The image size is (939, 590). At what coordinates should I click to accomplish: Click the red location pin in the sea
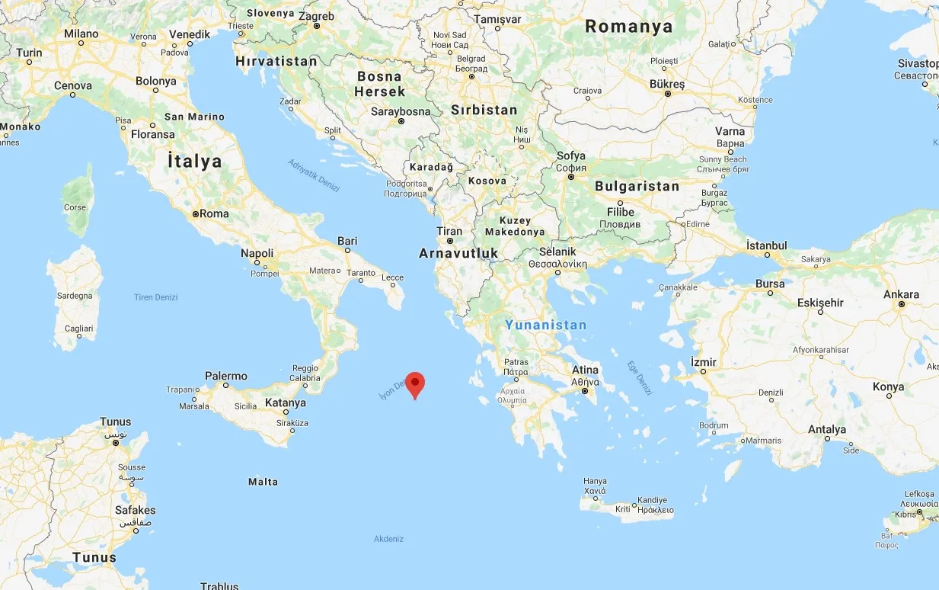tap(414, 383)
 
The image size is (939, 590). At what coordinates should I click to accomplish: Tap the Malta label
tap(263, 482)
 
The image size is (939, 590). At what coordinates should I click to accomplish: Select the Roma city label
tap(214, 213)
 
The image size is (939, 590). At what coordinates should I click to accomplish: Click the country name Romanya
tap(629, 27)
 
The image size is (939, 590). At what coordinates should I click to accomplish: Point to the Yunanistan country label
tap(546, 325)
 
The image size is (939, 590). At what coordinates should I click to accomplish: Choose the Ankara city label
tap(901, 294)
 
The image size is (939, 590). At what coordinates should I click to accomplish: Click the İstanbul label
tap(766, 245)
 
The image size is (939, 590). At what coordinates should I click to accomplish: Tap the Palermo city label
tap(226, 376)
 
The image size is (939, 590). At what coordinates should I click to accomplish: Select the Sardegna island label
tap(75, 296)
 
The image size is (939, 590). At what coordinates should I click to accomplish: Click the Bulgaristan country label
tap(637, 186)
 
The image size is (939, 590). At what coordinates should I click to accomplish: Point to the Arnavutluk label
tap(458, 253)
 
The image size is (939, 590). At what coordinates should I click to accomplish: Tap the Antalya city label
tap(827, 429)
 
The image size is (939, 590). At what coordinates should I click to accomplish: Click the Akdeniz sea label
tap(388, 539)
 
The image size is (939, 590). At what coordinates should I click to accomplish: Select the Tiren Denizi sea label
tap(155, 297)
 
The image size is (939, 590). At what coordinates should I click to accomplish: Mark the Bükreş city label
tap(668, 84)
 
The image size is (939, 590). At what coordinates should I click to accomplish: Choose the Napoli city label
tap(257, 253)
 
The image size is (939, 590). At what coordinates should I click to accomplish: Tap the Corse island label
tap(75, 207)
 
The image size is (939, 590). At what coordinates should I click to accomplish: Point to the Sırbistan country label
tap(484, 110)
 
